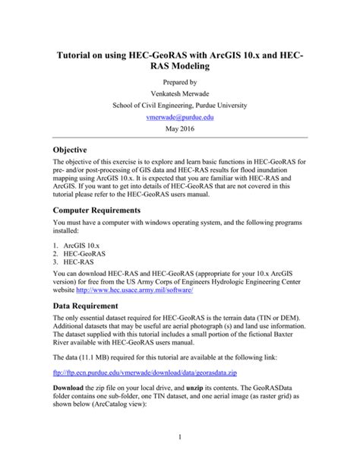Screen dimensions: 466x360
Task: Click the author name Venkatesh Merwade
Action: coord(180,94)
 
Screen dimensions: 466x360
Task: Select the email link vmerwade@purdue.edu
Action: coord(180,118)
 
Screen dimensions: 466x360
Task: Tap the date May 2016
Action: coord(180,130)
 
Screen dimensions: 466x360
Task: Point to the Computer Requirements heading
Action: coord(103,209)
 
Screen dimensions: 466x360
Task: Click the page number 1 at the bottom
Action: coord(180,436)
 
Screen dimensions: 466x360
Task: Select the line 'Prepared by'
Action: coord(180,81)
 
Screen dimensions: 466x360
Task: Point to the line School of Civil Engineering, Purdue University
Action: coord(180,106)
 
